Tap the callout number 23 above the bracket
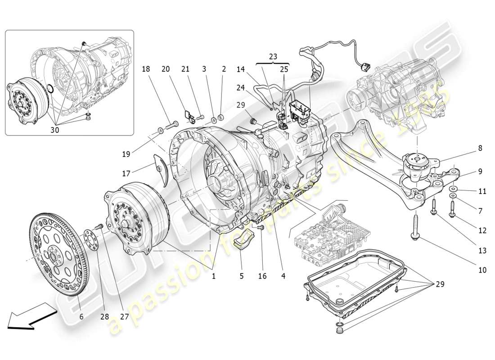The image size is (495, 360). pyautogui.click(x=273, y=57)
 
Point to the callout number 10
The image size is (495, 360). pyautogui.click(x=482, y=270)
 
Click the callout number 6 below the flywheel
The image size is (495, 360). pyautogui.click(x=81, y=316)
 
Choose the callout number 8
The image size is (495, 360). pyautogui.click(x=480, y=148)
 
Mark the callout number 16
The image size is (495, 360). pyautogui.click(x=262, y=276)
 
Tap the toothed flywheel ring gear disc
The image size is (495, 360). pyautogui.click(x=58, y=256)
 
